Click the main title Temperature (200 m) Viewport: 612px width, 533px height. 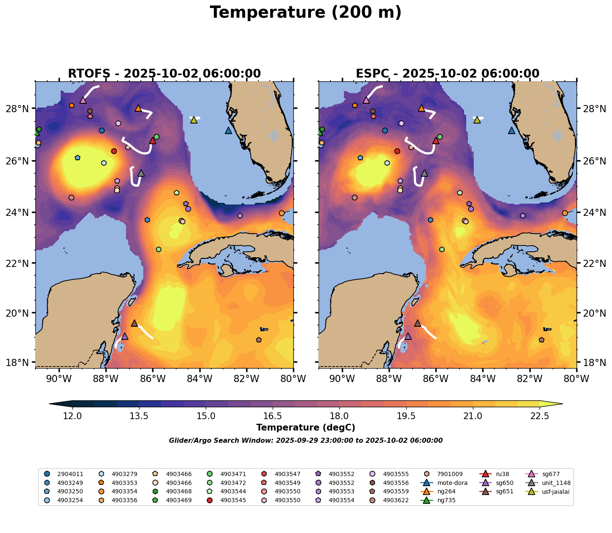click(306, 13)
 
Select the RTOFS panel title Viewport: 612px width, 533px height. click(164, 74)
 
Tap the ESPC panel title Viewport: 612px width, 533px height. click(448, 74)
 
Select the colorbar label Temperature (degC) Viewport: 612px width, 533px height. click(306, 428)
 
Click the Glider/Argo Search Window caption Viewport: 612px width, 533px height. click(306, 441)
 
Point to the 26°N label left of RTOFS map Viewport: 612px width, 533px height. click(20, 161)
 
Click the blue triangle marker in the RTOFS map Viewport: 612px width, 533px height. click(228, 131)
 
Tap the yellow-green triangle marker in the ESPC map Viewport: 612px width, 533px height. click(477, 120)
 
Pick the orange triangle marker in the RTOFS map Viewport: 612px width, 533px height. click(138, 108)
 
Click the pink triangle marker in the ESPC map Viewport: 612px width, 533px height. click(366, 100)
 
